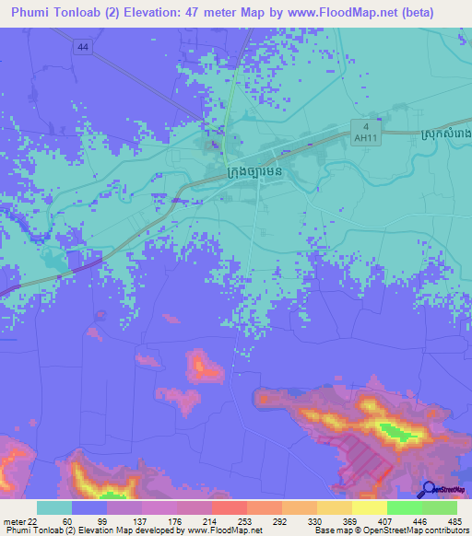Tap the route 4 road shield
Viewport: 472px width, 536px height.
coord(365,126)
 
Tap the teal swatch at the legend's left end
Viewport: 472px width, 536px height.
coord(54,507)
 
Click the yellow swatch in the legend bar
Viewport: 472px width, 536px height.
coord(369,507)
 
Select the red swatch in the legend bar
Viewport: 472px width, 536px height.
coord(229,507)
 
